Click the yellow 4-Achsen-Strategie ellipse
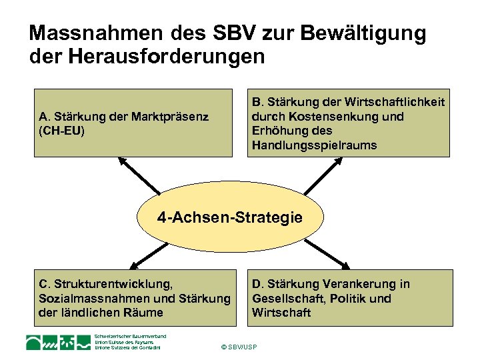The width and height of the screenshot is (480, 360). coord(230,217)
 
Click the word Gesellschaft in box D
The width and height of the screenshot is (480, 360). coord(287,298)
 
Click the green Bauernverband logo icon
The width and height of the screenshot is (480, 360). coord(58,343)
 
